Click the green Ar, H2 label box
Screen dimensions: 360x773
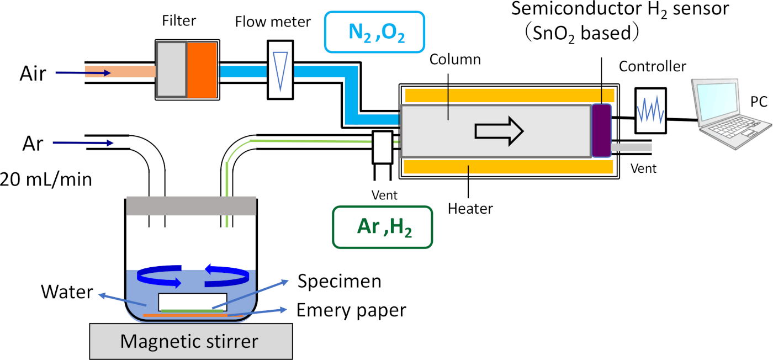pos(382,227)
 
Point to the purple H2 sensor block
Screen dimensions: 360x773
pos(601,130)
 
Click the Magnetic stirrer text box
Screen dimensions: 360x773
pos(189,341)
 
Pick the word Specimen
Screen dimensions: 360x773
pos(339,281)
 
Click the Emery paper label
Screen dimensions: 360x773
pos(351,310)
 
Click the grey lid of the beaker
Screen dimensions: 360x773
pos(191,205)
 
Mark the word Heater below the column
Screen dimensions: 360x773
pos(470,209)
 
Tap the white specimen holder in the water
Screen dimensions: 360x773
pos(192,301)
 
